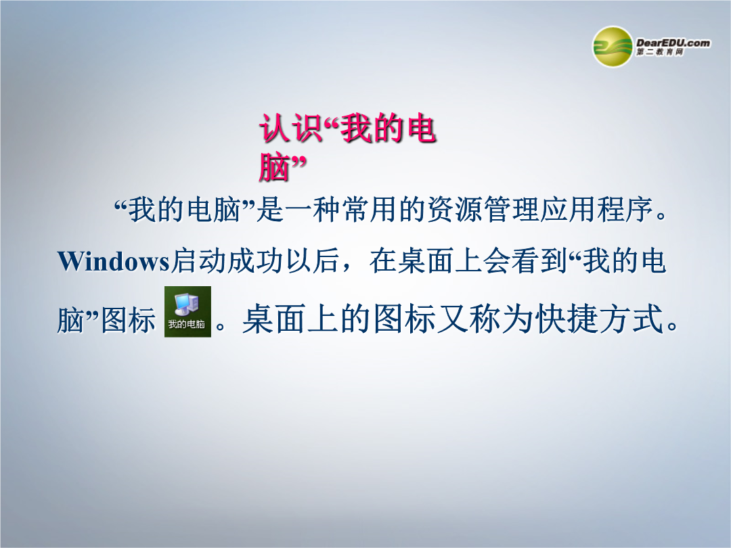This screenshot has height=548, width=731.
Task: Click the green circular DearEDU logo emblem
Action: [612, 47]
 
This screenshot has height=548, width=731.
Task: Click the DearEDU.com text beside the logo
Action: [673, 43]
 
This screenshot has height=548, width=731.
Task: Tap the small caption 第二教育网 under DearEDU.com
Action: [660, 52]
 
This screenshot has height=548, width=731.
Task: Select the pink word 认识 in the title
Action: [290, 129]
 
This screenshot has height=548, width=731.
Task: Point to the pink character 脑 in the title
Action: [274, 167]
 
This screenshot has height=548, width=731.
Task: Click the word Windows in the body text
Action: [113, 261]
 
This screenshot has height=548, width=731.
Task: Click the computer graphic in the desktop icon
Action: [187, 304]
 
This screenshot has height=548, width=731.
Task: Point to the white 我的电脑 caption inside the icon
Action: [187, 324]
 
